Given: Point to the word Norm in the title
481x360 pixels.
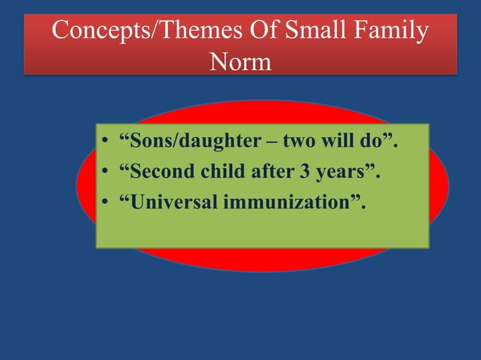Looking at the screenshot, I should [240, 61].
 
